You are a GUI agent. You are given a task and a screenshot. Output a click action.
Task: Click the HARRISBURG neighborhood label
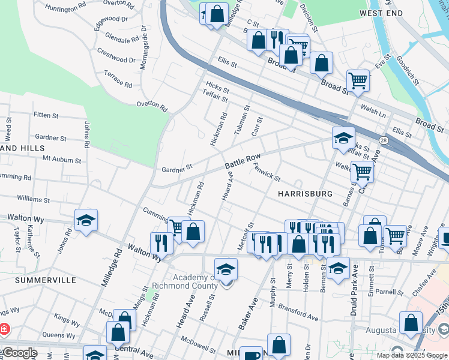305,194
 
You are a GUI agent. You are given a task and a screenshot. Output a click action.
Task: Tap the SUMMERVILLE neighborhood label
46,280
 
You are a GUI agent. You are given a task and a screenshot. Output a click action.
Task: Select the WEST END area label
381,13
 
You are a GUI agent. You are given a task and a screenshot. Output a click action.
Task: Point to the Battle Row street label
243,160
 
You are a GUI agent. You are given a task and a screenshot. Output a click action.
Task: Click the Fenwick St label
267,172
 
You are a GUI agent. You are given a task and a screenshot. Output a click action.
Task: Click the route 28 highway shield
382,140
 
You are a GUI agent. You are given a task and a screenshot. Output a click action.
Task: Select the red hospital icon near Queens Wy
4,329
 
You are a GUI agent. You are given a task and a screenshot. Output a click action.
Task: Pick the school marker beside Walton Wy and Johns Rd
86,221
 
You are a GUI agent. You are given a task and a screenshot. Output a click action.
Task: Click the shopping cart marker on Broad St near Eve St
358,80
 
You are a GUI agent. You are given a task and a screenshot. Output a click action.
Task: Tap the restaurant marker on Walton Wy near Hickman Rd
161,242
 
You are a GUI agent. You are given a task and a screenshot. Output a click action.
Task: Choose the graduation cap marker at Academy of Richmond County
226,269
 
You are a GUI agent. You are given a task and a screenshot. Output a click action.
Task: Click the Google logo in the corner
19,353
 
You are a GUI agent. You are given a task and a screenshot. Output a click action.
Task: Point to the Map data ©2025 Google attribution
412,355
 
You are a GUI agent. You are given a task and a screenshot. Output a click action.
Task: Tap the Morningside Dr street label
143,47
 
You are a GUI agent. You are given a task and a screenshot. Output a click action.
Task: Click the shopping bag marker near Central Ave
118,331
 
